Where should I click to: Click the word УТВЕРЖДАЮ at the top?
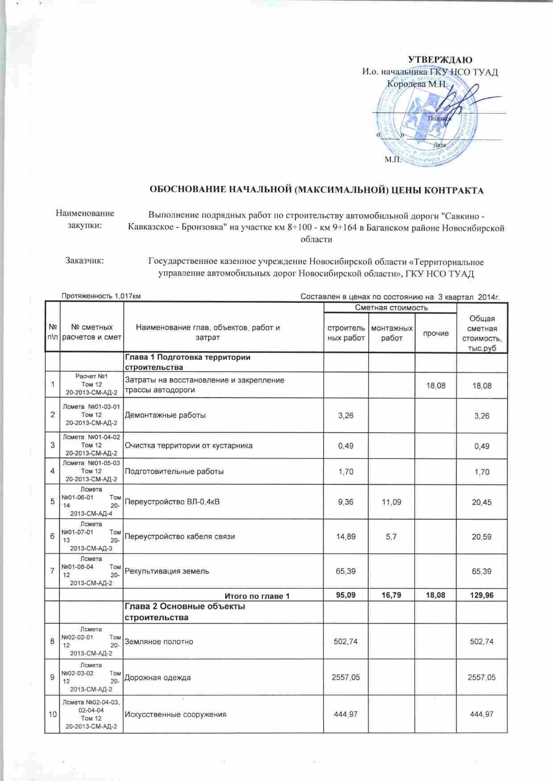[441, 60]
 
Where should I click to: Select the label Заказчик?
[85, 260]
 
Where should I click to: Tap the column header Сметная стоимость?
[391, 308]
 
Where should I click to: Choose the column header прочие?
[436, 333]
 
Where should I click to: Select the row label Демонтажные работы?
[165, 415]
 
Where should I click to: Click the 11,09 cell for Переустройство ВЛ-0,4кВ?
[391, 502]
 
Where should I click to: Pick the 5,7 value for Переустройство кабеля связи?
[391, 537]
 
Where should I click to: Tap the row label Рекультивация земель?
[166, 571]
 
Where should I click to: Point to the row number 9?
[53, 678]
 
